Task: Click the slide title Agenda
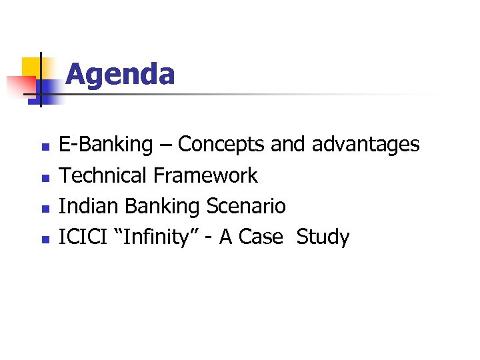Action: (x=120, y=74)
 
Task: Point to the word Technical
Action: (x=103, y=175)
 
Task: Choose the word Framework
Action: (x=205, y=175)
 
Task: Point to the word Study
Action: (x=323, y=237)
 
